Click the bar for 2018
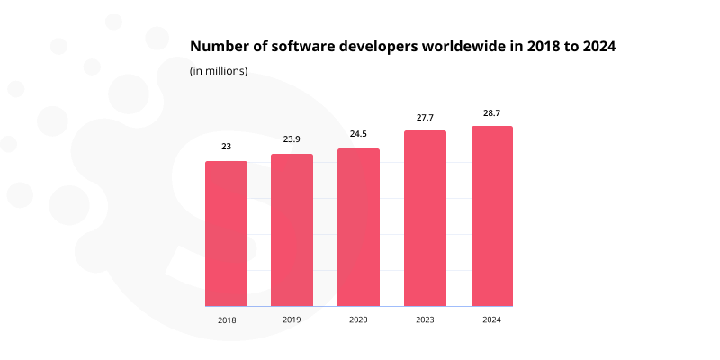click(x=226, y=234)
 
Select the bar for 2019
click(x=292, y=230)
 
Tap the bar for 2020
click(x=358, y=228)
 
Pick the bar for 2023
click(x=425, y=219)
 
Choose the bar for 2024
click(x=491, y=216)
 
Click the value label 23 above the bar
click(x=226, y=146)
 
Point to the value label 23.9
click(x=292, y=139)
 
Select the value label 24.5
click(x=358, y=133)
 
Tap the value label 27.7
click(x=425, y=115)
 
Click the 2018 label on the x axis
click(x=226, y=319)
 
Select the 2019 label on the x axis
click(x=292, y=319)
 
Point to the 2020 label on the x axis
click(x=358, y=319)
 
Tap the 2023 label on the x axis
click(x=425, y=319)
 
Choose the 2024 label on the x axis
click(x=491, y=319)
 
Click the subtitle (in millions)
click(x=219, y=71)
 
